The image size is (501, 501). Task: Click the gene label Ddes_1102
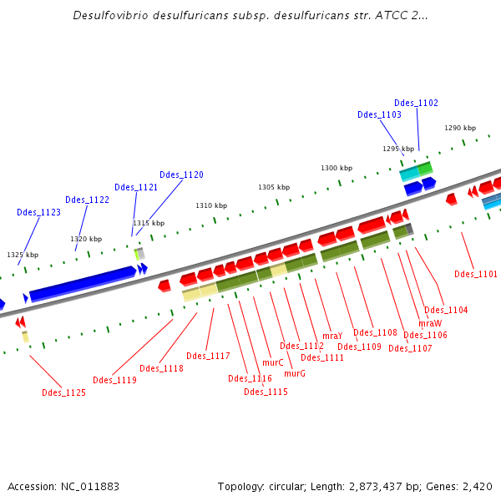tap(416, 103)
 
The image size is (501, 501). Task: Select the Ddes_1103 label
tap(379, 114)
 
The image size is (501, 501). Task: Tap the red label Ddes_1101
tap(476, 274)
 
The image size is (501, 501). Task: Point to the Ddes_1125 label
tap(63, 392)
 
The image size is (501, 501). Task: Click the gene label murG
tap(295, 373)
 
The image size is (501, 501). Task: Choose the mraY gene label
tap(332, 336)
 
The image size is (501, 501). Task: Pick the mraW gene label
tap(429, 322)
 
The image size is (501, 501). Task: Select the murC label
tap(273, 363)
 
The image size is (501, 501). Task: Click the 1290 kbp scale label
tap(459, 128)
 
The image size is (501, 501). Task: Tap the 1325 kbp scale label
tap(23, 255)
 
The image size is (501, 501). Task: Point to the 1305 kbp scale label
tap(274, 187)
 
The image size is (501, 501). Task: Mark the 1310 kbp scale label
tap(211, 205)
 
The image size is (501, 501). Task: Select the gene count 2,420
tap(477, 487)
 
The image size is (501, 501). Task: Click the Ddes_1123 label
tap(38, 212)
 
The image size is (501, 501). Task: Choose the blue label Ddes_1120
tap(181, 175)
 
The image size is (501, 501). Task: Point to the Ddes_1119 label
tap(114, 380)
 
